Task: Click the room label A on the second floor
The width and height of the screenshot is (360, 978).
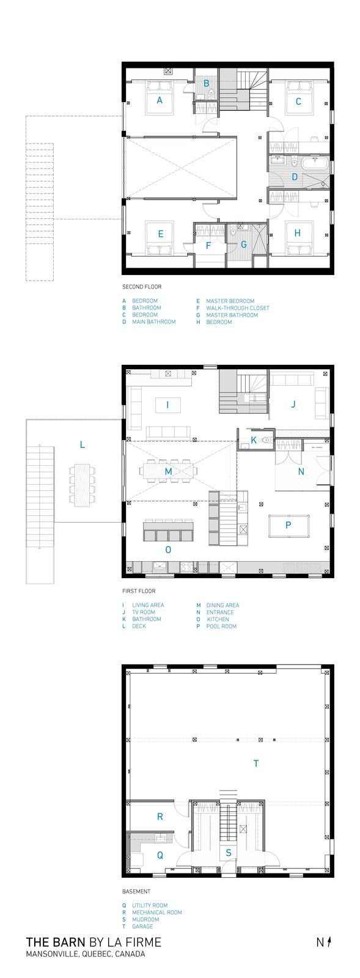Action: [x=160, y=100]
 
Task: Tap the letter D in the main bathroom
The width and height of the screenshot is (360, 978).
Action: [x=295, y=177]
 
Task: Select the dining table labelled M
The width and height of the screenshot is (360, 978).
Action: [x=168, y=471]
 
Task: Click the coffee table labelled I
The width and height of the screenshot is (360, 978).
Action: [x=168, y=405]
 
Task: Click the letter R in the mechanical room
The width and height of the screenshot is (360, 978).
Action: [x=160, y=816]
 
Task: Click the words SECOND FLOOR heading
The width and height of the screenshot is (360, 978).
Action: [x=142, y=287]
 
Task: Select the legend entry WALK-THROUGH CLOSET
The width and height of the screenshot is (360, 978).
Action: [x=237, y=308]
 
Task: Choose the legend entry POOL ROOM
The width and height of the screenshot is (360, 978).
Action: [x=221, y=626]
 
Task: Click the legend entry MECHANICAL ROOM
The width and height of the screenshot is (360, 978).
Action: [x=157, y=912]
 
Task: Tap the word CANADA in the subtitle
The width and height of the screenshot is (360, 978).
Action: [x=130, y=954]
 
